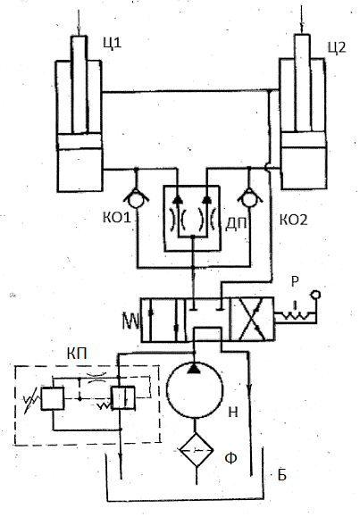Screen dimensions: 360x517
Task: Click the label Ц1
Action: coord(113,43)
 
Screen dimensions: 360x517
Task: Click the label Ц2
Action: coord(337,48)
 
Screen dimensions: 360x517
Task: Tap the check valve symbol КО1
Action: coord(136,198)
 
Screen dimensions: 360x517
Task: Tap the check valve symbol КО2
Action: coord(250,198)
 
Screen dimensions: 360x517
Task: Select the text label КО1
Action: coord(117,218)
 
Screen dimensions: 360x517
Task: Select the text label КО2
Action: coord(293,220)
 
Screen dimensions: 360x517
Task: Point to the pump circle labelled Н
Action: coord(195,390)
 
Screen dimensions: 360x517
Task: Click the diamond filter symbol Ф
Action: coord(197,450)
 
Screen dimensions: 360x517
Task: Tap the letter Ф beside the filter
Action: coord(230,458)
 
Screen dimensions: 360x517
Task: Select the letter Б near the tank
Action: coord(281,475)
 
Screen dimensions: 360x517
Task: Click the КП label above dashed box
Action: coord(77,354)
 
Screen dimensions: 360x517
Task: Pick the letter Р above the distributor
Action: coord(295,281)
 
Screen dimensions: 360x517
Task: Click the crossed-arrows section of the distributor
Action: coord(252,319)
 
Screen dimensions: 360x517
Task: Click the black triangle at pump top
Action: coord(195,368)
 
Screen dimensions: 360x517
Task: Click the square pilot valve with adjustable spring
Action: coord(53,398)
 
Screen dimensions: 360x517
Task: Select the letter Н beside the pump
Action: coord(233,413)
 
